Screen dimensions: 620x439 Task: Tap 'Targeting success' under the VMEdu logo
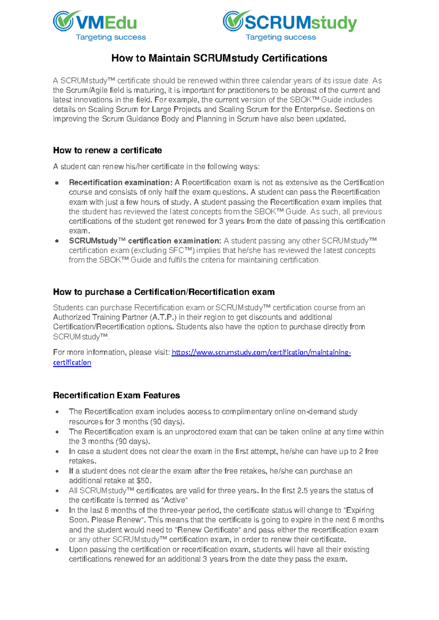(110, 37)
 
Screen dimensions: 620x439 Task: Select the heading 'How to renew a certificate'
(107, 150)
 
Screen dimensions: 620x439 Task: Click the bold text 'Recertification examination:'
(120, 182)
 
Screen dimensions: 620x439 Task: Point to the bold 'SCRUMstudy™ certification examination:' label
(145, 241)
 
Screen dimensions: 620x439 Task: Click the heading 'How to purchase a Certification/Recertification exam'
(164, 292)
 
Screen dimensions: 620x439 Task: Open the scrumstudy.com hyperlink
(261, 352)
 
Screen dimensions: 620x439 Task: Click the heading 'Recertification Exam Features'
(116, 395)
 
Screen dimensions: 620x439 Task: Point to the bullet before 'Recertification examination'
(57, 183)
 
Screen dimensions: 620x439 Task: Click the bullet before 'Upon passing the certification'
(57, 550)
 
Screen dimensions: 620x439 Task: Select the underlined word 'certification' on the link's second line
(72, 363)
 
